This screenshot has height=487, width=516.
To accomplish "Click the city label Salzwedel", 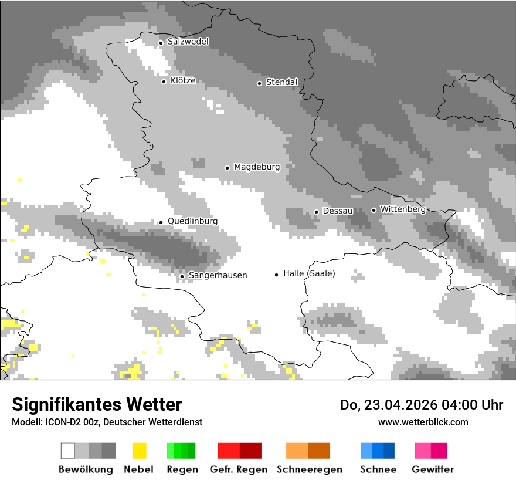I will pos(188,42).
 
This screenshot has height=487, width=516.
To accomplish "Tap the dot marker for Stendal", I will pos(259,83).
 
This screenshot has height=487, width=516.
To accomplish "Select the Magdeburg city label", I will pos(257,167).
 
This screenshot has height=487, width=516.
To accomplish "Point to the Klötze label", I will pos(183,81).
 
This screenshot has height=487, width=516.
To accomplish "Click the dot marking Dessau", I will pos(316,212).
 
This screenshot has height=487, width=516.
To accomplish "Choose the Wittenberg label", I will pos(402,209).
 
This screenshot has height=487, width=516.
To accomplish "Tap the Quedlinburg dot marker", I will pos(161,222).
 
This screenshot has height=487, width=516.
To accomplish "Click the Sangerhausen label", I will pos(218,275).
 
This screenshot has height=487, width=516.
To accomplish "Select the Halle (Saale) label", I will pos(309,273).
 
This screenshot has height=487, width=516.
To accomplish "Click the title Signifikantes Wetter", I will pos(97,405).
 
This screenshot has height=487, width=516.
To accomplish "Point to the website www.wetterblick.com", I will pos(423,422).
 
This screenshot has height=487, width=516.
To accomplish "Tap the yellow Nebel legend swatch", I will pos(139,451).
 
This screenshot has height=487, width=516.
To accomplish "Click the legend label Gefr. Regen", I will pos(239,469).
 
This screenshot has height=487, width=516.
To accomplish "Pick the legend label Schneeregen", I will pos(308,469).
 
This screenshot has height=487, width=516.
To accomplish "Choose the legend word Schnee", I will pos(378,469).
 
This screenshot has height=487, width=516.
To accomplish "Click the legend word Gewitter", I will pos(433,469).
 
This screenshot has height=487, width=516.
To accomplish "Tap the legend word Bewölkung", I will pos(86,469).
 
